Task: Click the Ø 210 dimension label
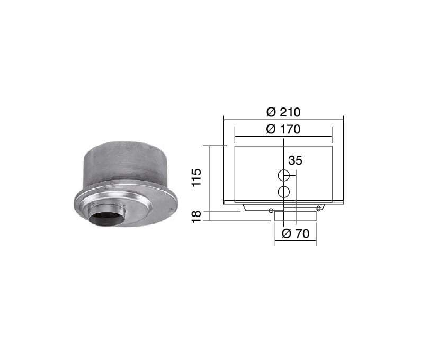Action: [283, 112]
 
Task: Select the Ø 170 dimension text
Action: [283, 129]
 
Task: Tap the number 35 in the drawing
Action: [295, 160]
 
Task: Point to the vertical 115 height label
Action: [196, 177]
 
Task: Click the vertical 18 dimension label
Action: [196, 217]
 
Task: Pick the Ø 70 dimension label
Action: [296, 233]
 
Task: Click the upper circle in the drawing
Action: [284, 175]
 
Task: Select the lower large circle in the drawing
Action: [284, 192]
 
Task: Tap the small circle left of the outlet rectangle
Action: [271, 211]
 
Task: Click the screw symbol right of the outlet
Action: [319, 209]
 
